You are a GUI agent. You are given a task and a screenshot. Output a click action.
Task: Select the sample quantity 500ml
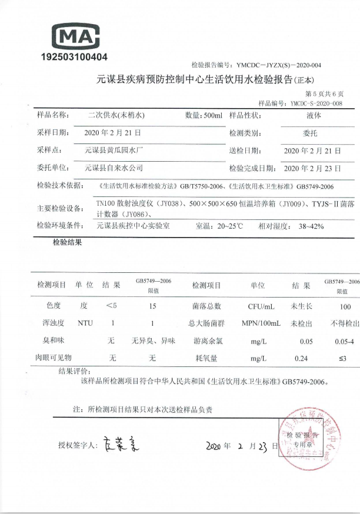204,115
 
